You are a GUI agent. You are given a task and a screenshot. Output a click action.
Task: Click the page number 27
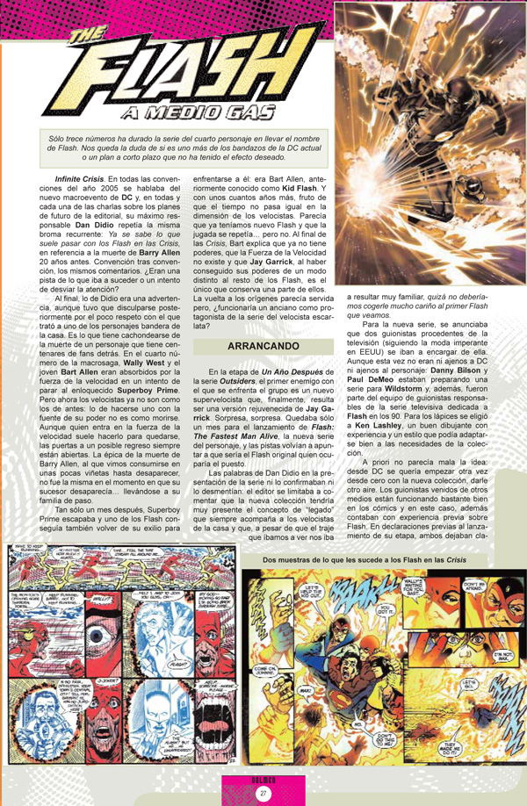click(262, 794)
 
